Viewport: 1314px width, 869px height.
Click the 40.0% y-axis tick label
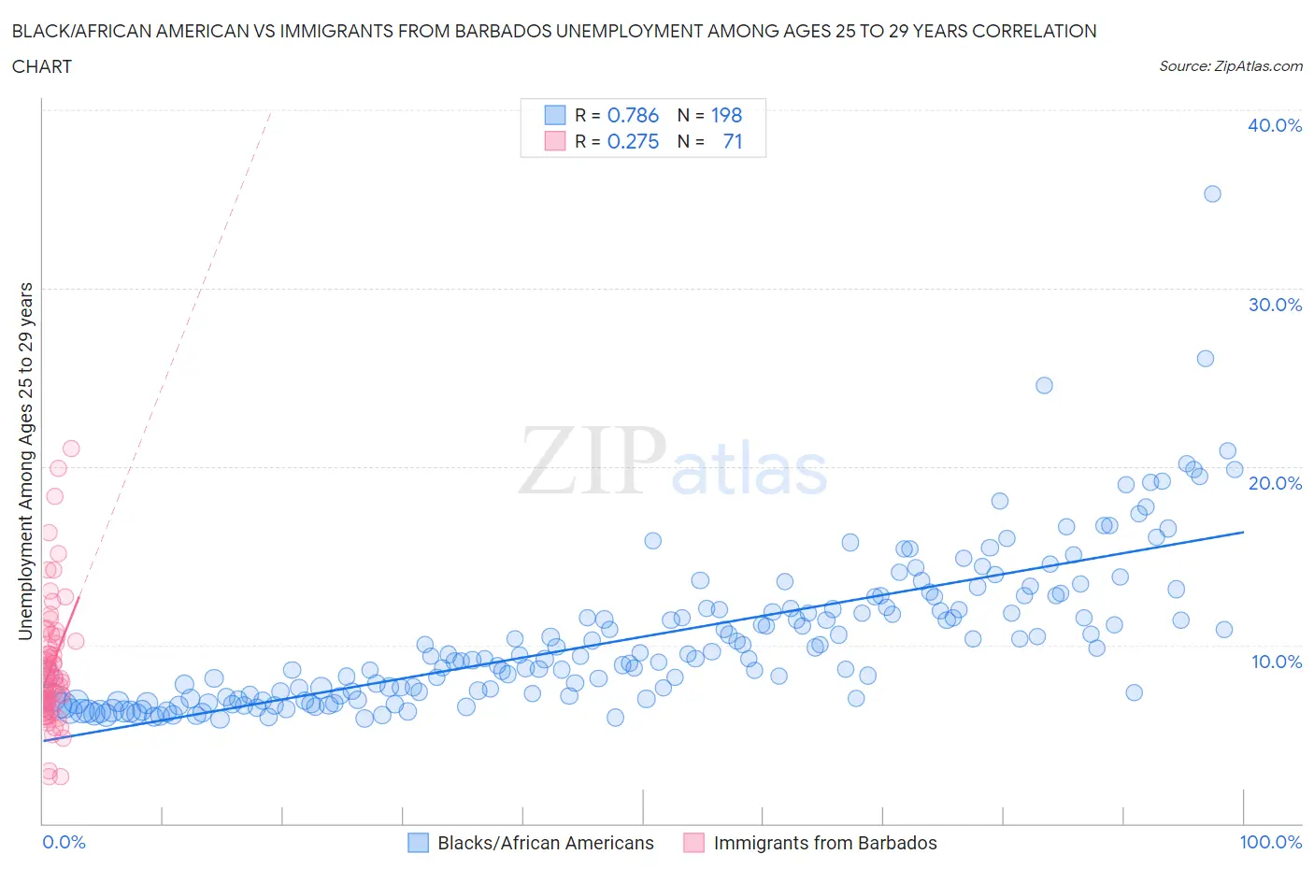tap(1275, 125)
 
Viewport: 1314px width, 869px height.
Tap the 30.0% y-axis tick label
tap(1275, 305)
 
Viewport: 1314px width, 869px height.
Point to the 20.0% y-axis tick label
tap(1275, 483)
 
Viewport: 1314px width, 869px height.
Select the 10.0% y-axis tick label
tap(1275, 662)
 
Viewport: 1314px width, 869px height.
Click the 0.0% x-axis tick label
tap(64, 842)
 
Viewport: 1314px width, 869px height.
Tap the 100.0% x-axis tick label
tap(1270, 842)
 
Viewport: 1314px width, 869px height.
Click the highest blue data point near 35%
tap(1212, 193)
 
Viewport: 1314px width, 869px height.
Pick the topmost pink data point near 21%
tap(71, 449)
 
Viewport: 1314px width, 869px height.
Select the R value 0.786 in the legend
tap(633, 115)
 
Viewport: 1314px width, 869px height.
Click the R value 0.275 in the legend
tap(633, 141)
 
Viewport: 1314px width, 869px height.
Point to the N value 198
tap(726, 115)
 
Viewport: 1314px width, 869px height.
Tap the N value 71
tap(733, 141)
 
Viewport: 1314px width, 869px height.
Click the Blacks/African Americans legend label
tap(546, 843)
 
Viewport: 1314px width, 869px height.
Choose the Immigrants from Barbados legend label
tap(825, 843)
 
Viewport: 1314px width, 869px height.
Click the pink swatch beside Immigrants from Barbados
tap(693, 843)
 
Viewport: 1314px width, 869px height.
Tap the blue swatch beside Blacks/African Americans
tap(418, 843)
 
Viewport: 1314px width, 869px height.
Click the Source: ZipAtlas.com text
tap(1230, 65)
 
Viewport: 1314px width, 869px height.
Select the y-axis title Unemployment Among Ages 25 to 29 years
tap(25, 461)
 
